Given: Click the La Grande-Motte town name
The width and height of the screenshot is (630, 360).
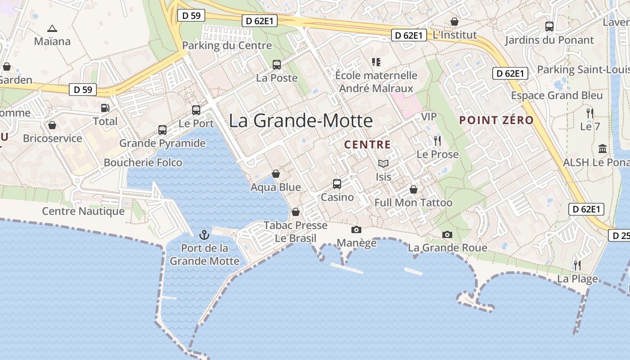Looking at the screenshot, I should coord(301,121).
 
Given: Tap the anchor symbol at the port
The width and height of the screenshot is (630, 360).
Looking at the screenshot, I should coord(204,234).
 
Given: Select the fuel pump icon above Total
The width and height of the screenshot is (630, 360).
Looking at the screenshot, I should coord(105,108).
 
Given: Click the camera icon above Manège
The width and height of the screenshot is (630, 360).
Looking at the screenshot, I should coord(356,229).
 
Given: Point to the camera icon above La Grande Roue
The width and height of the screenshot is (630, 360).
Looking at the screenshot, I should coord(447,234).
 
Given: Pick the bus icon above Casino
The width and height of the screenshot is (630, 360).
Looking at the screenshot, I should coord(337,184).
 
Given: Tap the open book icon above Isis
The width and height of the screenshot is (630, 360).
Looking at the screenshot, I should coord(383,163).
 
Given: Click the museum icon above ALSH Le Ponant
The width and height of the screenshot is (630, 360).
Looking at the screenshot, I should coord(603,148).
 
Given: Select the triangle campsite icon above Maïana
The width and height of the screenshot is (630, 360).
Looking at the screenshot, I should coord(52,28).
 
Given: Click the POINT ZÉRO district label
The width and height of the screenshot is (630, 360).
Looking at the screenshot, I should coord(496,120).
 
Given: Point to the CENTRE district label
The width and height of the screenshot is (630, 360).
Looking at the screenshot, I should coord(368,144).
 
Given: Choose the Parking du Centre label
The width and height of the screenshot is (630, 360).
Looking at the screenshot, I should coord(227,45).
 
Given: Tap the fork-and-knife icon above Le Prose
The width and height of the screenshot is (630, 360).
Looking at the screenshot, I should coord(437,141).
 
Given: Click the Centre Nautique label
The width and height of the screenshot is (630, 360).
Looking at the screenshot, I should coord(83,211).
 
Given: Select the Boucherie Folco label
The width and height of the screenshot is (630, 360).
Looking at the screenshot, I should coord(143,162).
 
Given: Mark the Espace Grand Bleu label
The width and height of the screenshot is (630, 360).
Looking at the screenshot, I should coord(557,95).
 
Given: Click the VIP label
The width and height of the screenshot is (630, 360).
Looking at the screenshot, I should coord(428,117).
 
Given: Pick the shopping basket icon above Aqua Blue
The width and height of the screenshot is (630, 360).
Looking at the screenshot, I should coord(276,174).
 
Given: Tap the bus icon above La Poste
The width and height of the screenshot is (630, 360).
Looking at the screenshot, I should coord(277,64).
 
